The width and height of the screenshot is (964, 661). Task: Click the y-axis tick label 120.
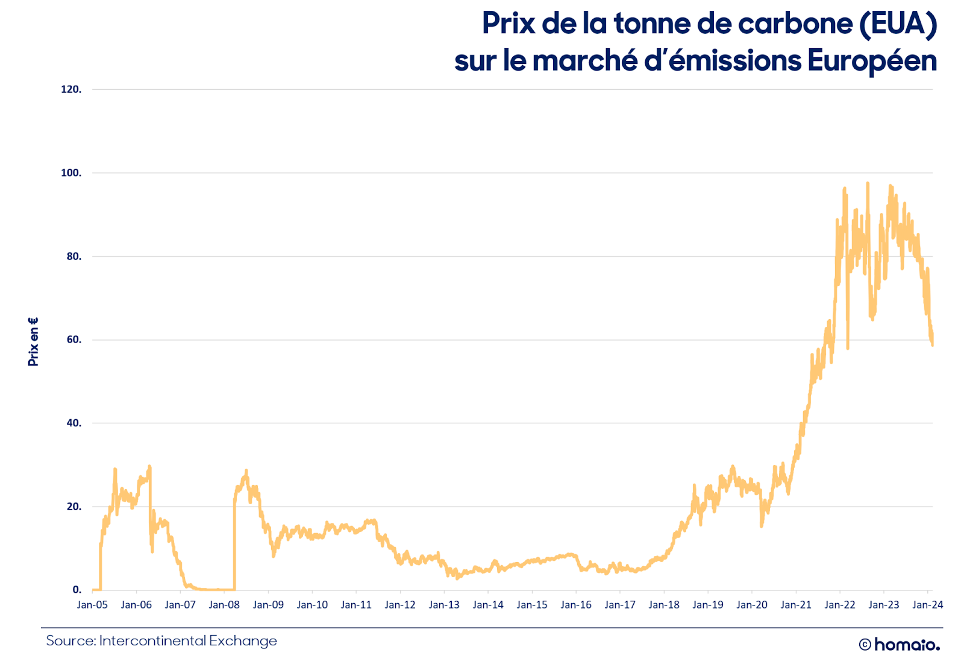coord(71,89)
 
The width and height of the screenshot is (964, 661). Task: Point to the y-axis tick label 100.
coord(71,173)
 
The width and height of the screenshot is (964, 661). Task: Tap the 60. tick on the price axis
coord(74,340)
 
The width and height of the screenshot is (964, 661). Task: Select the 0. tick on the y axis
coord(77,589)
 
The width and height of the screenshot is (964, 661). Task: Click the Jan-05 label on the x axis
coord(92,604)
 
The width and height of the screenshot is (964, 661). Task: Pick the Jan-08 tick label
coord(224,604)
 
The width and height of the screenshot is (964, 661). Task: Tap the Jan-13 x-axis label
coord(443,604)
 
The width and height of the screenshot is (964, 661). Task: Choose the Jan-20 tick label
coord(752,604)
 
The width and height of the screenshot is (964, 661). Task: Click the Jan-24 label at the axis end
coord(928,604)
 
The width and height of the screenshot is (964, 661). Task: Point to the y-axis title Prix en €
coord(33,342)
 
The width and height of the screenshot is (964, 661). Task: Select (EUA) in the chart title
coord(898,25)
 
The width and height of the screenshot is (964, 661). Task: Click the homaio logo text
coord(907,645)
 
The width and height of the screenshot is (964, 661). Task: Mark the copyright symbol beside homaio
coord(865,645)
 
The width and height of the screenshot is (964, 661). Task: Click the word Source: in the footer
coord(71,640)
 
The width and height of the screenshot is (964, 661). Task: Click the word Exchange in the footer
coord(243,641)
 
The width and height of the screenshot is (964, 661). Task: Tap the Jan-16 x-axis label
coord(576,604)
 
